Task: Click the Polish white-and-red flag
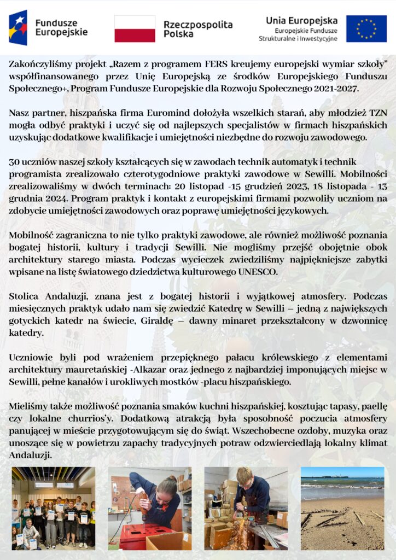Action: [x=135, y=29]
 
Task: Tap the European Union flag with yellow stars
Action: [x=366, y=29]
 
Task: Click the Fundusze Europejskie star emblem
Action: [x=18, y=27]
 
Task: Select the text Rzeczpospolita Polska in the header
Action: [x=197, y=29]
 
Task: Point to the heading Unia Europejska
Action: [x=301, y=20]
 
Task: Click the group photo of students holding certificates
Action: [x=54, y=508]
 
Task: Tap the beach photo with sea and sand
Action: [x=342, y=508]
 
